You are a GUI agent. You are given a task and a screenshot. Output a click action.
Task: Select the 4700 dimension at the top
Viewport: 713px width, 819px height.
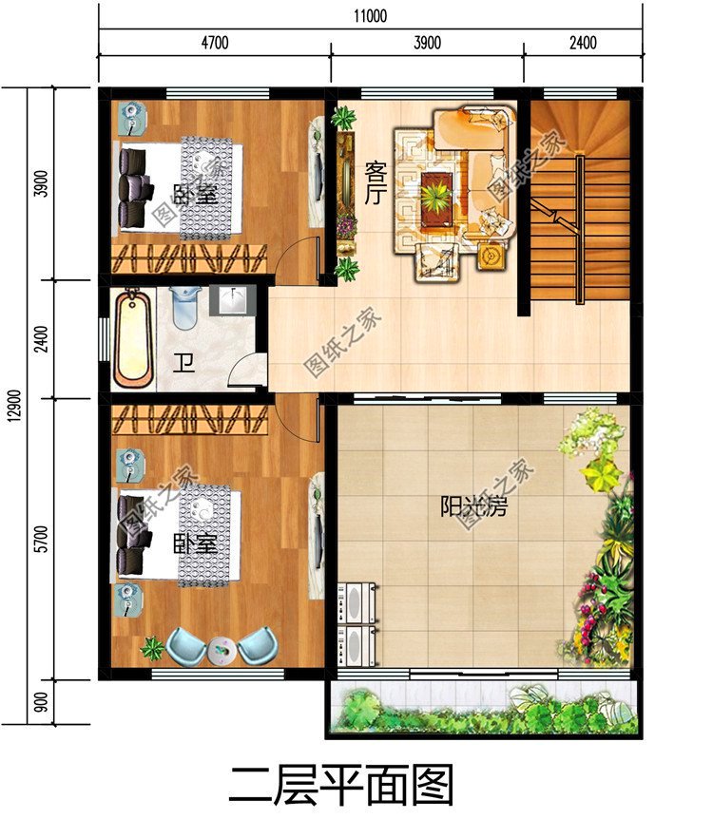coord(214,43)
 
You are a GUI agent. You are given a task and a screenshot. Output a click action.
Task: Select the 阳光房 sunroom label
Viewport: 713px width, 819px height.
coord(473,505)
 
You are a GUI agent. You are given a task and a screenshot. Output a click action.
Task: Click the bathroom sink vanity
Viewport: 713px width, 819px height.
coord(233,300)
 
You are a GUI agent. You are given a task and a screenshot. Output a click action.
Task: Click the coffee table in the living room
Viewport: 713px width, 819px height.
coord(438,197)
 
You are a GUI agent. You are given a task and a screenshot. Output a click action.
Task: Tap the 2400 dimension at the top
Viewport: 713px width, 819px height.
coord(582,43)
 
